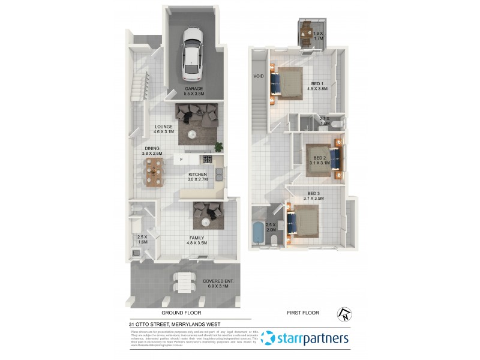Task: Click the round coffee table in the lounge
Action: (x=193, y=134)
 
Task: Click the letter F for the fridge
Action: (x=181, y=160)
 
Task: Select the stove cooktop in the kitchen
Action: (x=208, y=160)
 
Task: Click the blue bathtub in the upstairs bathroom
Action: (x=259, y=234)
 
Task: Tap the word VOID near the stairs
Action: (x=259, y=77)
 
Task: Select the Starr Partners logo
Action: (x=306, y=338)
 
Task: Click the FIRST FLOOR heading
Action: (x=302, y=313)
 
